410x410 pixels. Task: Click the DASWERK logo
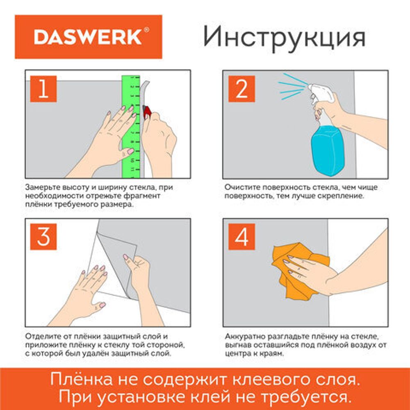click(88, 37)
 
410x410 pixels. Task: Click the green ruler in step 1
click(131, 123)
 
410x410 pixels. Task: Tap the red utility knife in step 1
click(147, 111)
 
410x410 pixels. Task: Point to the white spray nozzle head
click(318, 92)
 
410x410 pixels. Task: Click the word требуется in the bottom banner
click(312, 396)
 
